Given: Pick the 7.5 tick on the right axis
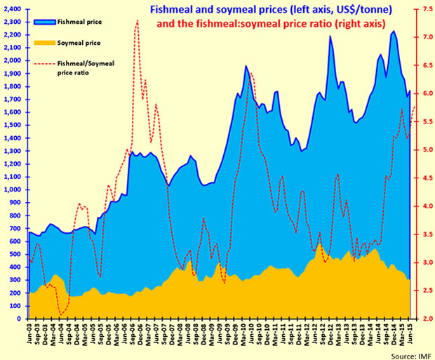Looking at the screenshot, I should [x=420, y=9].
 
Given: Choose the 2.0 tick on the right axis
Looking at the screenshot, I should [x=420, y=319].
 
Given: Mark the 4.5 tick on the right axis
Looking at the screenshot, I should [x=420, y=178].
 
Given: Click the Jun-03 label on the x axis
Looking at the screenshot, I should [x=29, y=335].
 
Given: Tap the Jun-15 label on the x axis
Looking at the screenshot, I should [x=408, y=335].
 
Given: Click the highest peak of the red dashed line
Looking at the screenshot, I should [x=138, y=21].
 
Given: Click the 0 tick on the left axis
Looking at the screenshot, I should [x=21, y=319].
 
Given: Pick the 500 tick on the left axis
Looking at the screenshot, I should [x=17, y=254].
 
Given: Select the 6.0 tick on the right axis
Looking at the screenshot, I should [x=420, y=93].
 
